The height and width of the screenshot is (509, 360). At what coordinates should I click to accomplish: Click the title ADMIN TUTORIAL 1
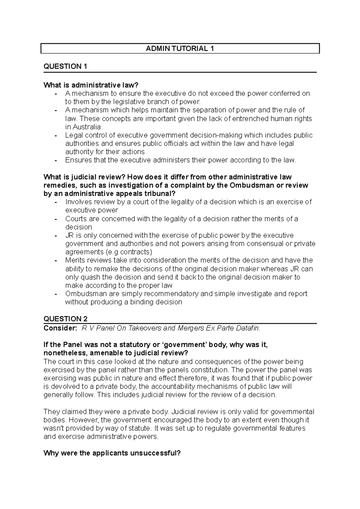[180, 49]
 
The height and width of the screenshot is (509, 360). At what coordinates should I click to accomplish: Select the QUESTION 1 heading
[65, 67]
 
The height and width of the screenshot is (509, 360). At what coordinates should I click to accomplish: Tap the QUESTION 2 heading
[65, 319]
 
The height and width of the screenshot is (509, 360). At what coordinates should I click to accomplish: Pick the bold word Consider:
[60, 328]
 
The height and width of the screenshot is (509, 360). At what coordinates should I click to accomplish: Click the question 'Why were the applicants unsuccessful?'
[112, 453]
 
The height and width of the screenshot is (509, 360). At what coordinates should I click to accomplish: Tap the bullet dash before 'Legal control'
[56, 135]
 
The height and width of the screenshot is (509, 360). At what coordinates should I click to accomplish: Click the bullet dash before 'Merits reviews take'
[56, 260]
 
